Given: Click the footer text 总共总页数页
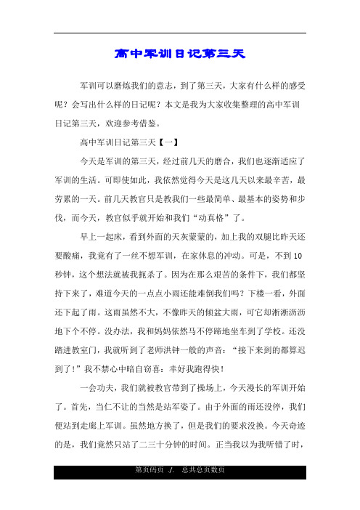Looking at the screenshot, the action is tap(203, 490).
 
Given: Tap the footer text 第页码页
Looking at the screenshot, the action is tap(148, 490).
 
